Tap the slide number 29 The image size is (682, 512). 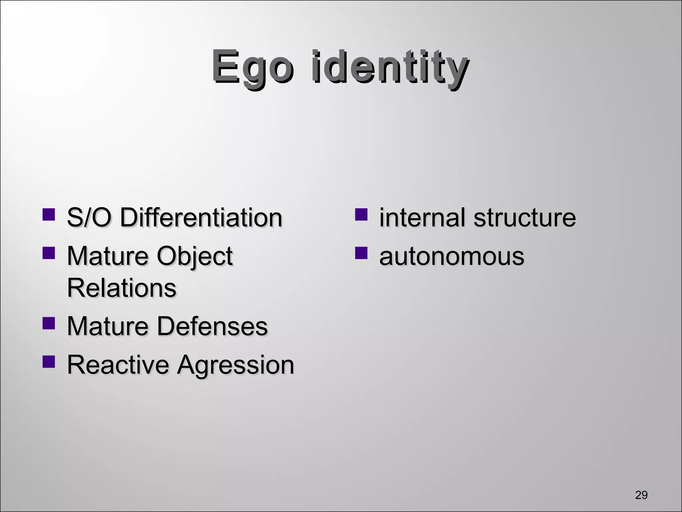pos(641,495)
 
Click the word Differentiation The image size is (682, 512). pos(201,218)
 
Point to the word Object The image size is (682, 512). pos(194,257)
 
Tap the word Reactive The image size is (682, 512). pos(118,365)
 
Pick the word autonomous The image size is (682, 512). pos(452,257)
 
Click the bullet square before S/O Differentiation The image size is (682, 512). pos(49,215)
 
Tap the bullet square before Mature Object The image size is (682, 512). pos(49,253)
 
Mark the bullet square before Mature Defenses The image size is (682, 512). pos(49,323)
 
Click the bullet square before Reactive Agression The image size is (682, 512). pos(49,362)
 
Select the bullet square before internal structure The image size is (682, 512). pos(361,215)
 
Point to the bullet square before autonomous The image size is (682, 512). pos(361,253)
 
